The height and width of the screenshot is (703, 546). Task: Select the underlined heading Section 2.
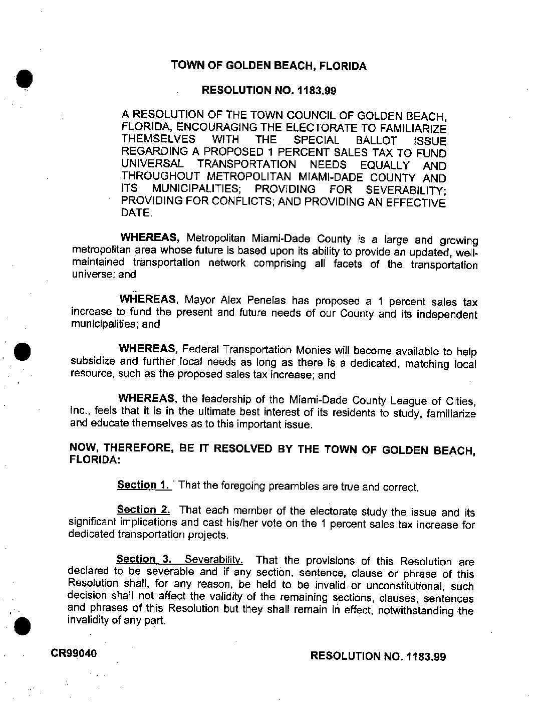[x=143, y=510]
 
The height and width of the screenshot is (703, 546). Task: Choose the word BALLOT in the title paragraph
[x=378, y=141]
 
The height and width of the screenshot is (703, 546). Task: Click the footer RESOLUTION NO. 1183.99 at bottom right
[x=378, y=656]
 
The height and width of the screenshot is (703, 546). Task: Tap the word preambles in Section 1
[x=292, y=486]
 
